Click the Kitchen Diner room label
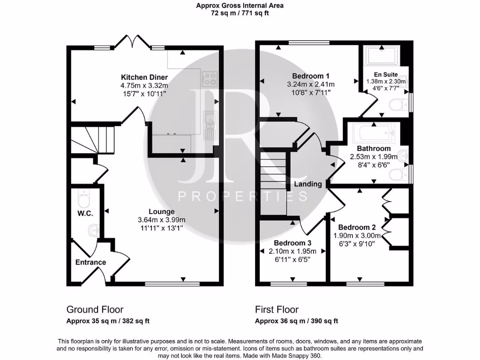(144, 77)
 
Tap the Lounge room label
(162, 211)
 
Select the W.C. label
(85, 213)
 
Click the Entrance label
(90, 262)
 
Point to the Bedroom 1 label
(311, 76)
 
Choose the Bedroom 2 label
(357, 227)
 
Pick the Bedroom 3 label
(292, 243)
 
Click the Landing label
(308, 184)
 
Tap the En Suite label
(386, 75)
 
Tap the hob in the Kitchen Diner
(209, 78)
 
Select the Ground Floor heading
(95, 309)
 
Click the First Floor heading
(277, 309)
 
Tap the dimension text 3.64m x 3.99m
(162, 220)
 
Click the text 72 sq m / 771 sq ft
(240, 13)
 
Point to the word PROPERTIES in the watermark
(242, 196)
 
